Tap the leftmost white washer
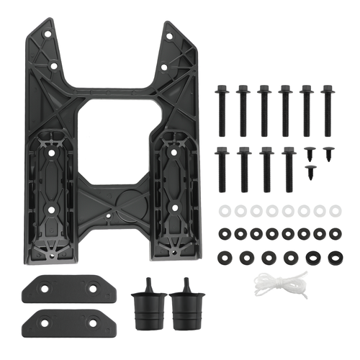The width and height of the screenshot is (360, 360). [x=222, y=210]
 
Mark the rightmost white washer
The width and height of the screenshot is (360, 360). [x=335, y=210]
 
